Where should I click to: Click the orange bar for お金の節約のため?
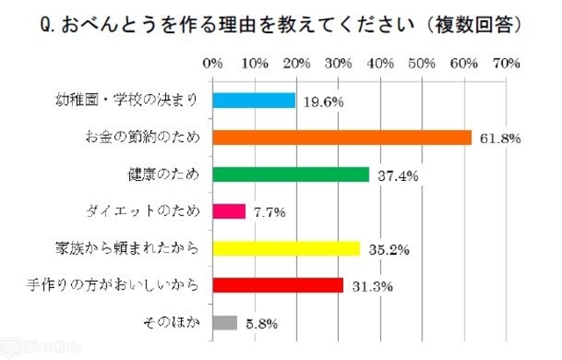pyautogui.click(x=342, y=138)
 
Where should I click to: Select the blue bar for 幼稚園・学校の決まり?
pyautogui.click(x=255, y=101)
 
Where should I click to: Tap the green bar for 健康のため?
pyautogui.click(x=291, y=175)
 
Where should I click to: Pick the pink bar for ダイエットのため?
pyautogui.click(x=229, y=212)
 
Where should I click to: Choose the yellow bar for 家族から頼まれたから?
pyautogui.click(x=286, y=248)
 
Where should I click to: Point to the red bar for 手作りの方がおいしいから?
pyautogui.click(x=277, y=285)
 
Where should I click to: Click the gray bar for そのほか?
pyautogui.click(x=225, y=322)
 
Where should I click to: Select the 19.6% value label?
pyautogui.click(x=322, y=102)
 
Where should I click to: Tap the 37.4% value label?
pyautogui.click(x=397, y=176)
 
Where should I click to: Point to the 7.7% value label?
pyautogui.click(x=268, y=212)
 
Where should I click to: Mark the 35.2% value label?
pyautogui.click(x=387, y=249)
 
